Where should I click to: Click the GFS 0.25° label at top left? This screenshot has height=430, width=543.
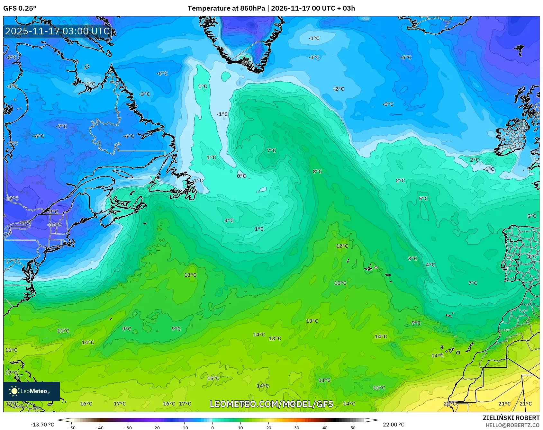(20, 8)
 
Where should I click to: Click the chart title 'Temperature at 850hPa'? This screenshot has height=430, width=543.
(226, 8)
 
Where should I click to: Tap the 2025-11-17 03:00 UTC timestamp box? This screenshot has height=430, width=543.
(57, 31)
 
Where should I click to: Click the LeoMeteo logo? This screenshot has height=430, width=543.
(31, 391)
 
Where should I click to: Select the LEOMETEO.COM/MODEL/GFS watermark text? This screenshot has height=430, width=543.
(271, 404)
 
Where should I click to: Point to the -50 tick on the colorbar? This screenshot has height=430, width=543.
(72, 427)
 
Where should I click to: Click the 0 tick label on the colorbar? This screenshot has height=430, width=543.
(212, 427)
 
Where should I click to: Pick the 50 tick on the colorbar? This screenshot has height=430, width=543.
(353, 427)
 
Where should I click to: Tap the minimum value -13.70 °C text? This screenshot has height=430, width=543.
(42, 425)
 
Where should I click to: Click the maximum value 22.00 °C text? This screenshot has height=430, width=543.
(394, 425)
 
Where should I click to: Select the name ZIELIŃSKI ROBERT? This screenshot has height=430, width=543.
(511, 418)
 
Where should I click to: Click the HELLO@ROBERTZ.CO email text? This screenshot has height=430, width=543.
(512, 425)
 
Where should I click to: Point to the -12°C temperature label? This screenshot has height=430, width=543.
(12, 198)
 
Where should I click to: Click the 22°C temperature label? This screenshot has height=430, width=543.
(449, 404)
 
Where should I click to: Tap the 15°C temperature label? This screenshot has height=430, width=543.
(213, 378)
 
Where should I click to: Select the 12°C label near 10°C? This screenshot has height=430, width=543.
(342, 246)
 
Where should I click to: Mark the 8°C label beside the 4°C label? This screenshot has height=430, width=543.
(413, 258)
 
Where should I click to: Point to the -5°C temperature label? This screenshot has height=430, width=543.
(388, 104)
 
